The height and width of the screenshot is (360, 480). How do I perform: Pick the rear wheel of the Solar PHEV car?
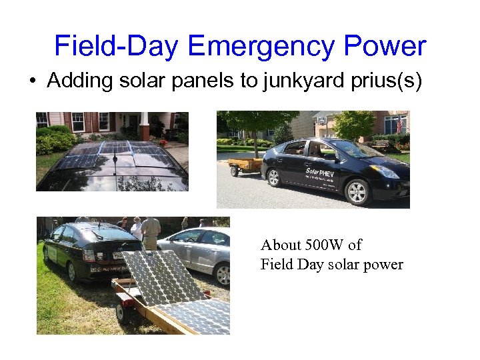pos(273,176)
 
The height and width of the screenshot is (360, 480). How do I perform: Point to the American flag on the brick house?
pos(399,124)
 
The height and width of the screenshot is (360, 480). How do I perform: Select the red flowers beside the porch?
pos(160,141)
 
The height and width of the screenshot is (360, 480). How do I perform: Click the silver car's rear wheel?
pos(222,273)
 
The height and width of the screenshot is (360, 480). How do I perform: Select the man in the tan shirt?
pos(151,233)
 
